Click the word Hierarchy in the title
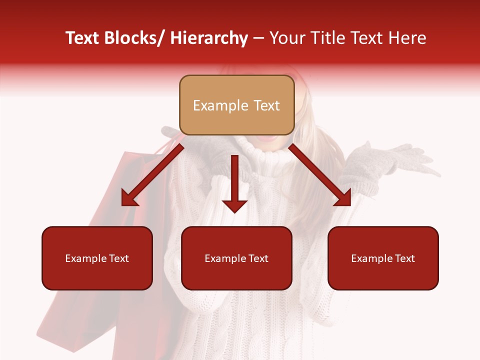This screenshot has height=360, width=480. click(209, 38)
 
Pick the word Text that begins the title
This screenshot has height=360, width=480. click(82, 38)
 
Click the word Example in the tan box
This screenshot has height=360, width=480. click(220, 106)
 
